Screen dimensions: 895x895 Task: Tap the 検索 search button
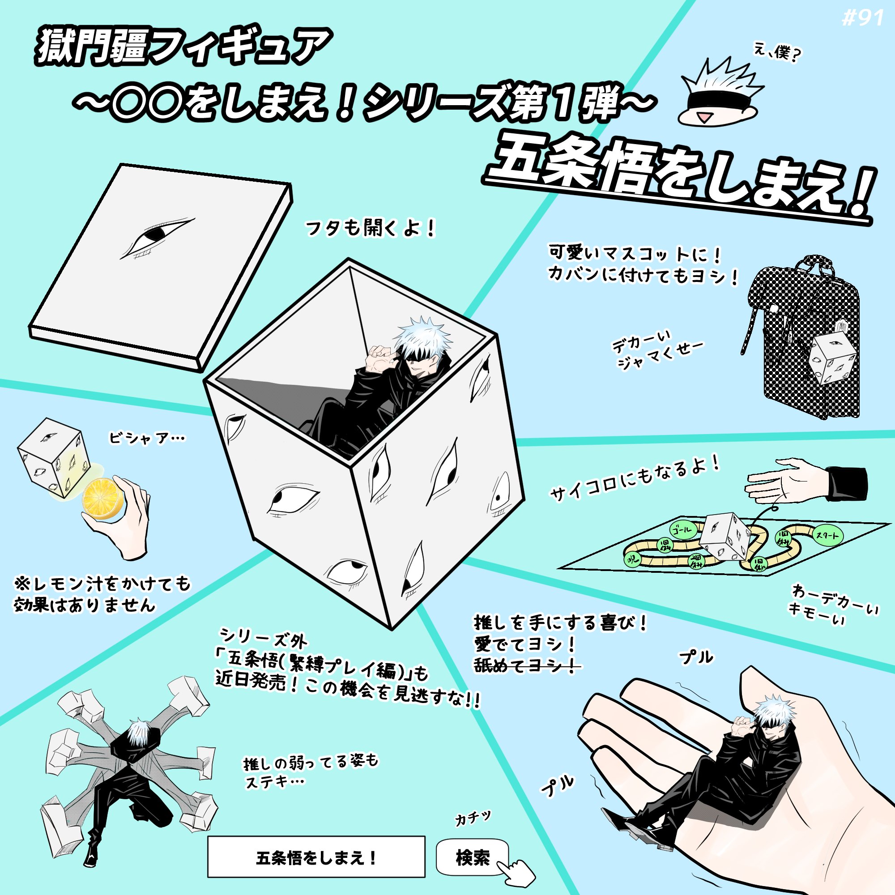click(472, 858)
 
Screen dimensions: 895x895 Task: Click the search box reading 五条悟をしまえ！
click(316, 858)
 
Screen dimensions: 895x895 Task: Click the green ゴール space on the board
click(683, 530)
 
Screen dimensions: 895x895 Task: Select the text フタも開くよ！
click(370, 228)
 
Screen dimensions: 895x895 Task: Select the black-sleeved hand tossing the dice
click(806, 483)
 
